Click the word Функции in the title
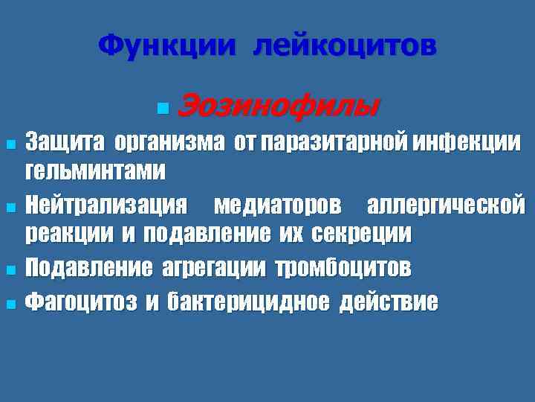tap(169, 47)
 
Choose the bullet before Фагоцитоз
tap(10, 302)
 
